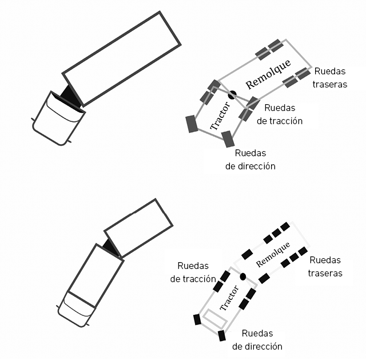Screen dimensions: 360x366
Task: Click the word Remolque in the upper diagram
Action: pyautogui.click(x=267, y=74)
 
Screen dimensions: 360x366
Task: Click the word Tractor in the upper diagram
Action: pyautogui.click(x=220, y=114)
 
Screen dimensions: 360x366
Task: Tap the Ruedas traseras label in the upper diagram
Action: pyautogui.click(x=330, y=78)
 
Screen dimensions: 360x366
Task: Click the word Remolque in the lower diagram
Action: pyautogui.click(x=273, y=255)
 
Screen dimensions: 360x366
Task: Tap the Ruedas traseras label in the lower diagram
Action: pyautogui.click(x=325, y=267)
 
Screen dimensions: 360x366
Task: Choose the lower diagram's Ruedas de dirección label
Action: pyautogui.click(x=257, y=340)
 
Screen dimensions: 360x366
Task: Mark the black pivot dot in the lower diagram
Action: pyautogui.click(x=243, y=276)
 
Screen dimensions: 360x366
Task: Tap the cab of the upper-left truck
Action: pyautogui.click(x=58, y=119)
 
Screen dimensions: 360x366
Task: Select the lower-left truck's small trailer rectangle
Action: pyautogui.click(x=138, y=226)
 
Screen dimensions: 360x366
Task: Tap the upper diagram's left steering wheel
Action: pyautogui.click(x=192, y=124)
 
